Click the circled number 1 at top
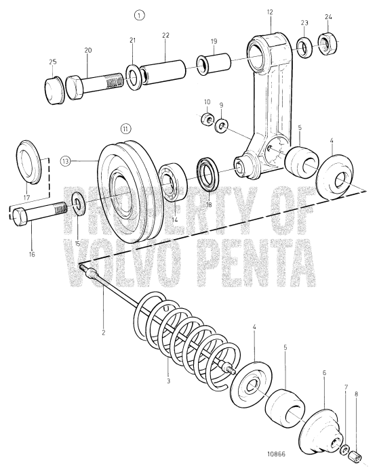pos(138,14)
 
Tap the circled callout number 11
pos(125,128)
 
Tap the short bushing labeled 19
pos(205,65)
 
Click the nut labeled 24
pos(328,45)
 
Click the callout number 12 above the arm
pos(269,13)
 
